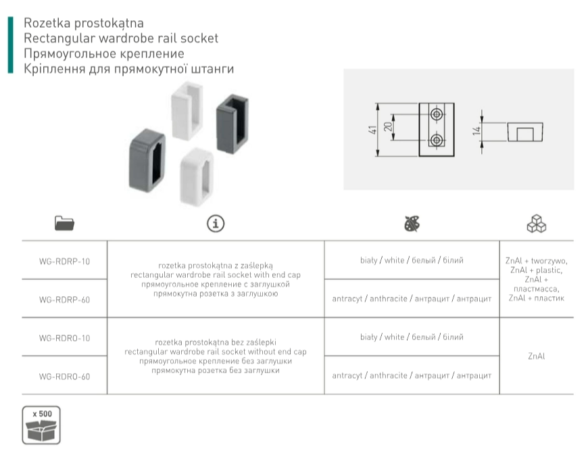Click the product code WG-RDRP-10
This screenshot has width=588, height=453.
click(x=65, y=261)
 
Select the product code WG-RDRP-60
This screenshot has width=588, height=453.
click(x=65, y=299)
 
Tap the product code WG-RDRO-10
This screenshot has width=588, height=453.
click(x=65, y=337)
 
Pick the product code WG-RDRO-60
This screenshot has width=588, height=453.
click(x=65, y=376)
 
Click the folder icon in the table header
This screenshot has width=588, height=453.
click(x=64, y=224)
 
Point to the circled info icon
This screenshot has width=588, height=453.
click(x=215, y=224)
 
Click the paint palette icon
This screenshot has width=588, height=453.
click(x=412, y=224)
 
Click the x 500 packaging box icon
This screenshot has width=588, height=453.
click(x=42, y=425)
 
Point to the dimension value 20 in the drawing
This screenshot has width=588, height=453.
click(x=389, y=128)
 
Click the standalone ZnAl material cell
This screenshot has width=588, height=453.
click(x=536, y=356)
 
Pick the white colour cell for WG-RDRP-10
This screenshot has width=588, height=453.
click(x=412, y=260)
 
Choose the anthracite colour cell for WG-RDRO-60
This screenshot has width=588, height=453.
click(x=412, y=375)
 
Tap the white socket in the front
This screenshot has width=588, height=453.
click(x=197, y=176)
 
